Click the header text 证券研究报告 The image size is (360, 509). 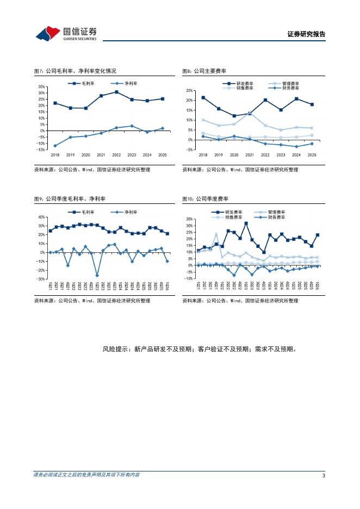point(306,34)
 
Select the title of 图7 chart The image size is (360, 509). point(75,71)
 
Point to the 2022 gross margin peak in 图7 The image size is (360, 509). point(116,92)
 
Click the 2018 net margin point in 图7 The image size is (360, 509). point(55,145)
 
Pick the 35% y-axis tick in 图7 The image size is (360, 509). point(41,87)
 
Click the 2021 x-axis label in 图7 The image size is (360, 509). point(101,155)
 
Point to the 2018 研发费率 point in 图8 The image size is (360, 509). point(203,98)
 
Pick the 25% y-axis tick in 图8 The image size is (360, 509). point(190,90)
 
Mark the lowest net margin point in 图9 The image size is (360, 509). point(97,275)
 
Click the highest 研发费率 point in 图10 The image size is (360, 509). point(246,224)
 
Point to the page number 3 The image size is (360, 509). point(324,476)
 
